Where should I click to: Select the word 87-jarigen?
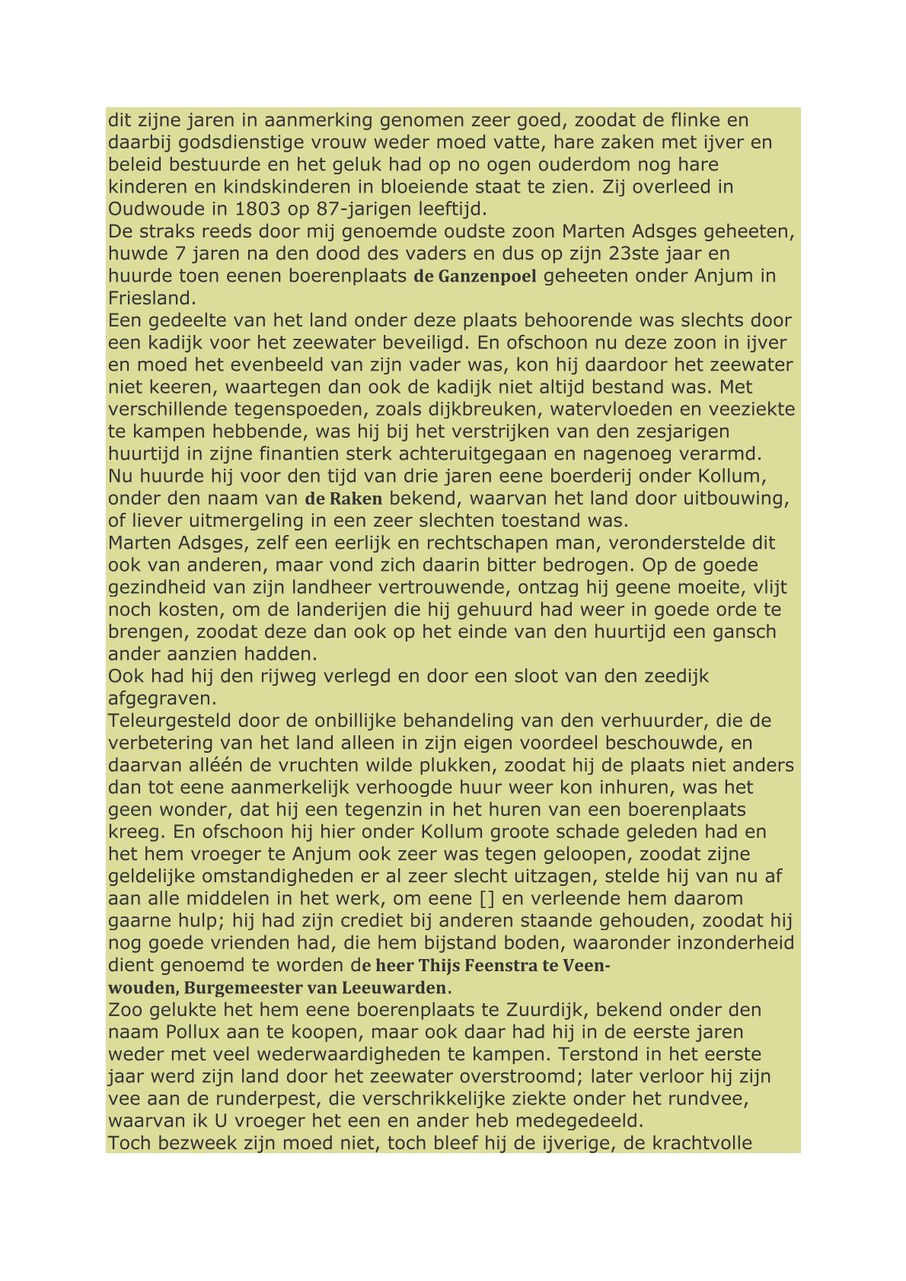(353, 209)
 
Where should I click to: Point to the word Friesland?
(152, 298)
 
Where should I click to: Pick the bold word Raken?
(356, 499)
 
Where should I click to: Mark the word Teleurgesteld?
(170, 721)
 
